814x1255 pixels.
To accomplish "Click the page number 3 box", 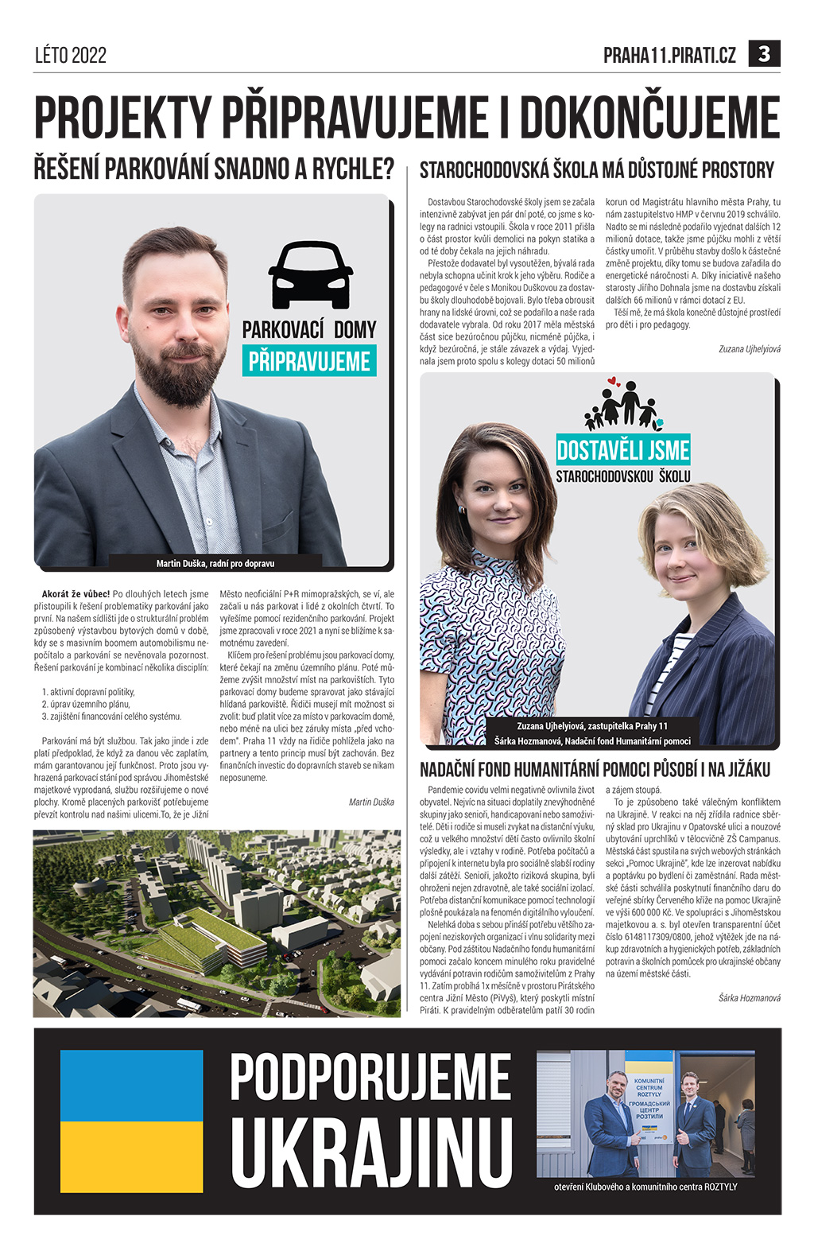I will (x=764, y=54).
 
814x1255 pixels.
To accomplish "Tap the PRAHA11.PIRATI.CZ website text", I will (x=669, y=55).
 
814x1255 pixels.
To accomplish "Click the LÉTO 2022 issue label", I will (x=71, y=55).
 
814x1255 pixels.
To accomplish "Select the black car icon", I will (x=310, y=275).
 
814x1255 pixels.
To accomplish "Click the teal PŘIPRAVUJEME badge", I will (x=309, y=361).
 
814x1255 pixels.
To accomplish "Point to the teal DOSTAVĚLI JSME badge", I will (x=623, y=450).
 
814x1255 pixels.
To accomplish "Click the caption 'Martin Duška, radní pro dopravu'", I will (x=215, y=563).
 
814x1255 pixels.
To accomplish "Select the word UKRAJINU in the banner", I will (x=371, y=1152).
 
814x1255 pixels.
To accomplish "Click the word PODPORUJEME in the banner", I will (x=370, y=1078).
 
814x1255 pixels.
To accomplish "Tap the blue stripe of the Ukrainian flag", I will (x=132, y=1086).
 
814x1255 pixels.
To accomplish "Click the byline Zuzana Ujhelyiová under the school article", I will (x=749, y=348).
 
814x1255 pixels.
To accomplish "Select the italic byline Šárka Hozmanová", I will (x=749, y=997).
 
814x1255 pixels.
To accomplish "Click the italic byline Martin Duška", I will (x=371, y=802).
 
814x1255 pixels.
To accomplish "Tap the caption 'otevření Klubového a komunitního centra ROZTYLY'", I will (x=645, y=1186).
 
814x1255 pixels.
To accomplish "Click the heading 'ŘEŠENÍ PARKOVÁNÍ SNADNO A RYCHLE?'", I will (x=214, y=169).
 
